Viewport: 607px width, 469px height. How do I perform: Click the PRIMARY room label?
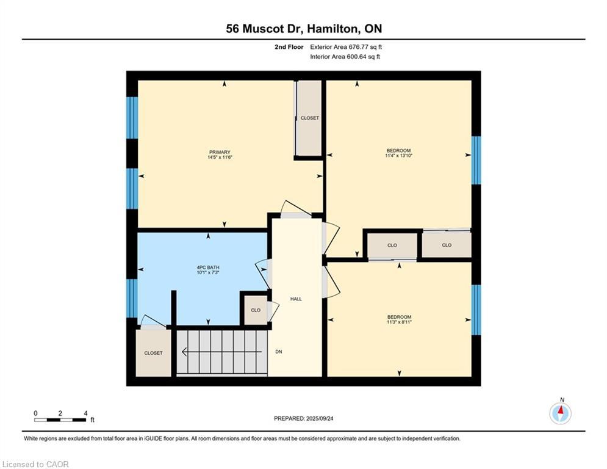(220, 152)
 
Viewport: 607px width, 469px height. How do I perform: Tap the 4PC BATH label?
(208, 267)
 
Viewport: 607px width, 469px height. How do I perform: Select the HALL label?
(296, 299)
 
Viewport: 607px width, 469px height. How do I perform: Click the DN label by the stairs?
(279, 352)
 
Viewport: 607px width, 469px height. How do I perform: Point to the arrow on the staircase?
(222, 352)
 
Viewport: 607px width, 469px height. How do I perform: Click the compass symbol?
(560, 413)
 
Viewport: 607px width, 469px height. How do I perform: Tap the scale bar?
(60, 420)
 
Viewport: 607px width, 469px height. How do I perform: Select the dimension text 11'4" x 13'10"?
(399, 156)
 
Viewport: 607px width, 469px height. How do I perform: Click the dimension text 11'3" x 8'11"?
(399, 322)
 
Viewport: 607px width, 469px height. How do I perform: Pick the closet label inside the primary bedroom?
(310, 118)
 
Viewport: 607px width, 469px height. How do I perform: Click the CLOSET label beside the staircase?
(153, 353)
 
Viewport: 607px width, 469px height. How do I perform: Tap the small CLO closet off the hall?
(256, 310)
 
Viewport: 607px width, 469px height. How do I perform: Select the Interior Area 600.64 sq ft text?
(345, 57)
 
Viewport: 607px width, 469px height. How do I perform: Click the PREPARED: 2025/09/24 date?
(304, 418)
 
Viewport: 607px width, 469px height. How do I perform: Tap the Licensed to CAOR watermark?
(35, 464)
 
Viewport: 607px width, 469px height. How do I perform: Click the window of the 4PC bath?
(132, 298)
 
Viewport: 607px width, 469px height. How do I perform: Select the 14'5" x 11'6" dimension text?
(220, 158)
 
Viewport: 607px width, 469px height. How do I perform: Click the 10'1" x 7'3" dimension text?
(208, 272)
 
